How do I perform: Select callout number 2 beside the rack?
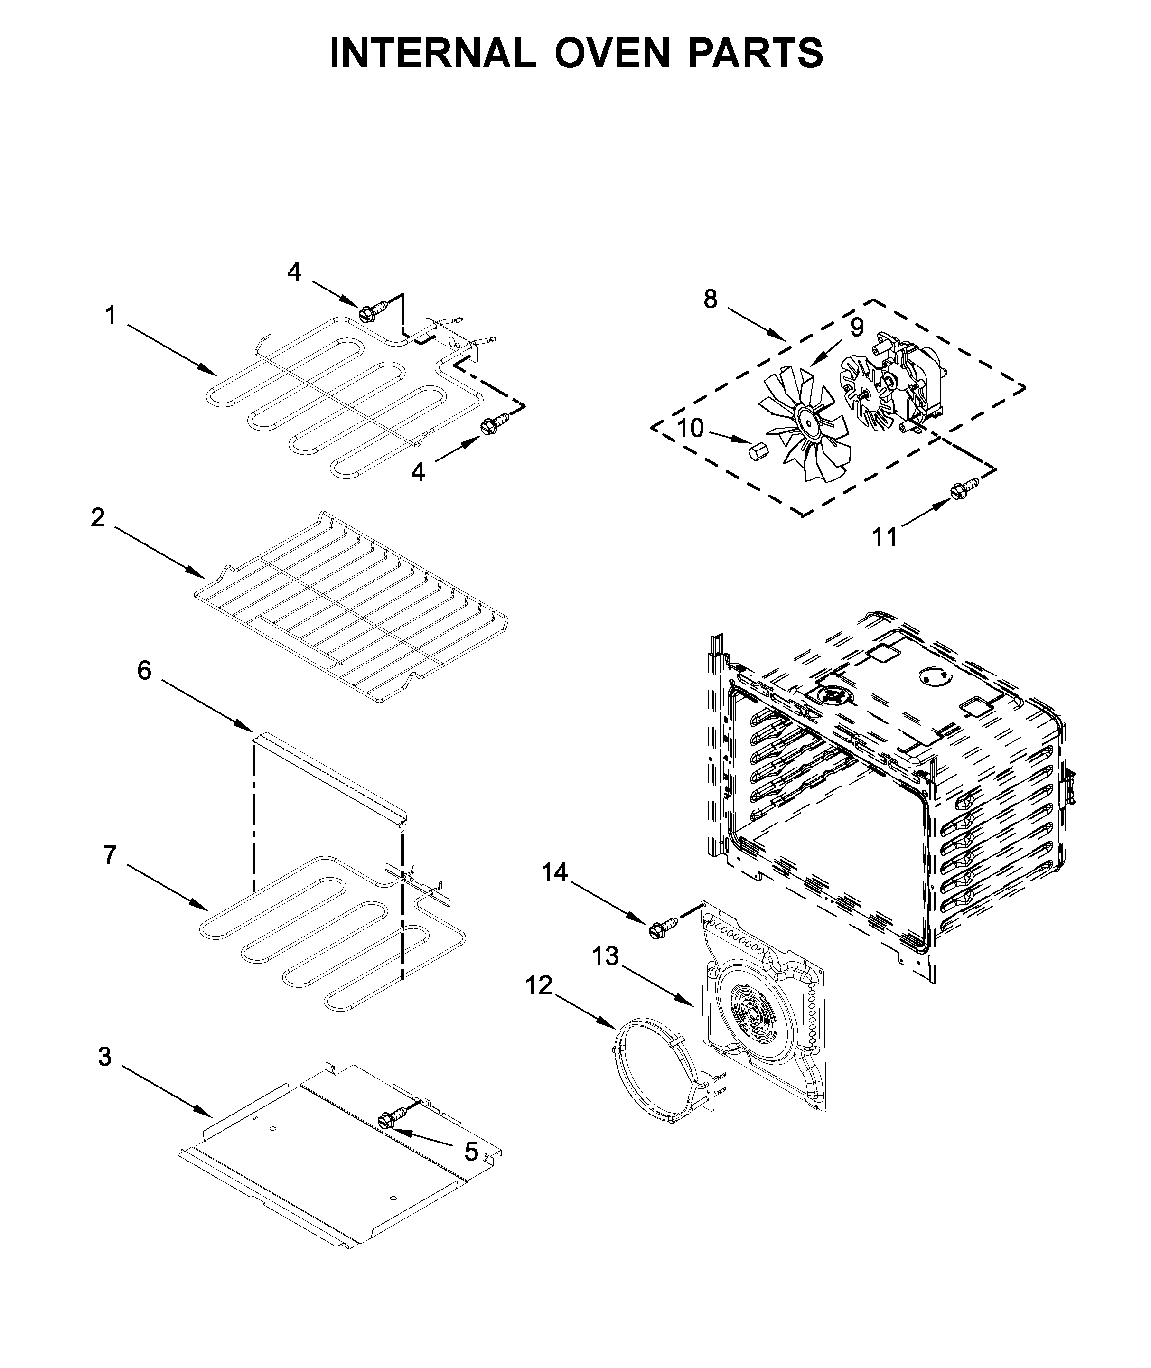click(x=97, y=517)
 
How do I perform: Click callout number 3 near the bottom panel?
click(x=104, y=1057)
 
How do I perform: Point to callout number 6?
click(x=144, y=671)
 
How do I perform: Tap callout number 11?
click(x=885, y=537)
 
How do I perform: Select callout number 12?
click(x=539, y=986)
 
